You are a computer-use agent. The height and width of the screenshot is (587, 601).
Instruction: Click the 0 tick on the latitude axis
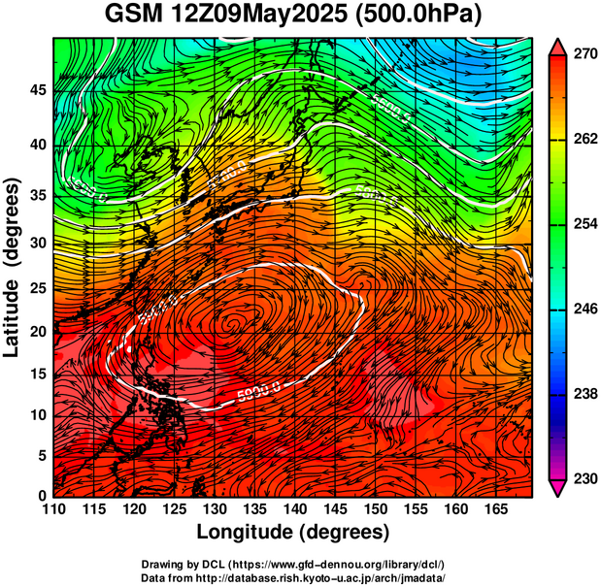click(42, 495)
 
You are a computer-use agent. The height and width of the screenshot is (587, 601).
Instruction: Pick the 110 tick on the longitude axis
click(53, 508)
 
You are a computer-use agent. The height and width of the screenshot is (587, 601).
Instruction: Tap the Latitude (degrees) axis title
click(14, 267)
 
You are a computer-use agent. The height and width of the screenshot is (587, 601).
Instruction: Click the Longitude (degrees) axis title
click(293, 532)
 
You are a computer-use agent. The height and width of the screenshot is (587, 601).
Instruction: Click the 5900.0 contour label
click(259, 391)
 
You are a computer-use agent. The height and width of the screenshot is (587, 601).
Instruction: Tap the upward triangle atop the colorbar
click(558, 46)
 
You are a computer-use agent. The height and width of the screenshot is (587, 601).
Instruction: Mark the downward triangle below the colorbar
click(558, 488)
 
